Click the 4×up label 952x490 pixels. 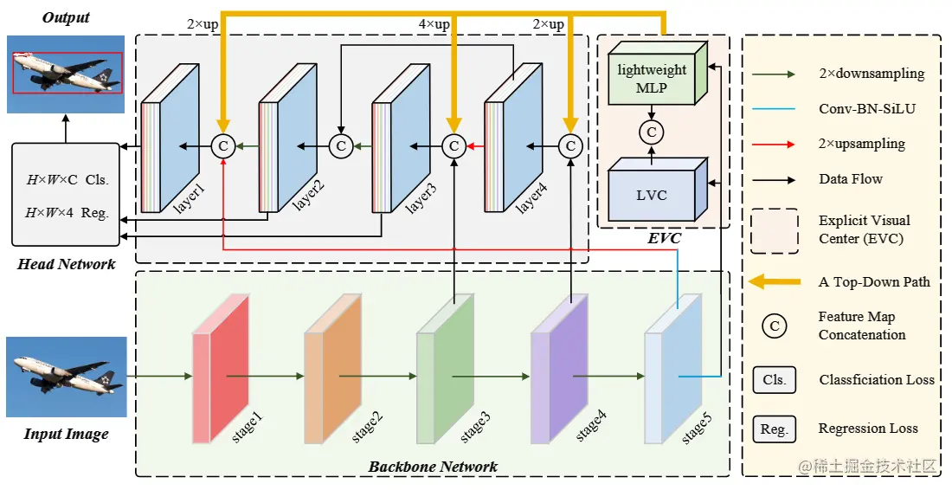click(x=434, y=24)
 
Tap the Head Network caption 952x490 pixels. click(x=66, y=264)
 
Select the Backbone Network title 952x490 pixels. click(x=433, y=467)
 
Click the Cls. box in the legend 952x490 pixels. click(x=774, y=379)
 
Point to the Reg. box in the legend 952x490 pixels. click(x=774, y=429)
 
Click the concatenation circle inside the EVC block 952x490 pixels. click(x=651, y=132)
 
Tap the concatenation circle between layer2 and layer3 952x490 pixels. click(x=341, y=147)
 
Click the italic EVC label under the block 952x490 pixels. click(x=664, y=238)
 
